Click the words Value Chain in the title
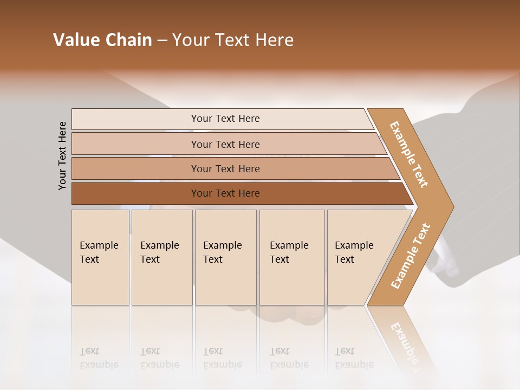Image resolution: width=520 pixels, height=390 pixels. (102, 40)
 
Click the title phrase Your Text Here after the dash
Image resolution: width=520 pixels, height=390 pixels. (233, 40)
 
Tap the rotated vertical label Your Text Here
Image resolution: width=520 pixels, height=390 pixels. (62, 155)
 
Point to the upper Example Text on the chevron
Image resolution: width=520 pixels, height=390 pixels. (409, 154)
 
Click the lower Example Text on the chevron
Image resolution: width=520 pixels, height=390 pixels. (411, 256)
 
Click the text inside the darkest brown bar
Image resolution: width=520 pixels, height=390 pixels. (225, 193)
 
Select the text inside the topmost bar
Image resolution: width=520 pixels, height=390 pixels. (225, 119)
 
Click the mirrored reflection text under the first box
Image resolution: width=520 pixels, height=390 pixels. (99, 358)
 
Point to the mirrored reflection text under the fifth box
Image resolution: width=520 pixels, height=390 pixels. (354, 358)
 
